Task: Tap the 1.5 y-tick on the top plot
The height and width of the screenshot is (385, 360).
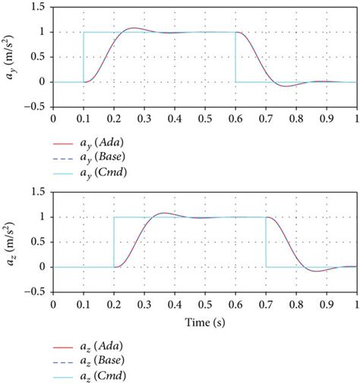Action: (x=38, y=8)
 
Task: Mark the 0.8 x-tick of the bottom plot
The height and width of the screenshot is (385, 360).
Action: (x=295, y=304)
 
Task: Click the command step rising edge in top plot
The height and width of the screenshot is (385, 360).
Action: (x=84, y=57)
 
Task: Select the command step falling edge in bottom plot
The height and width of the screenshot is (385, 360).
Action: (x=266, y=242)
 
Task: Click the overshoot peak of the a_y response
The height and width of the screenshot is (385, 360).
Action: (x=132, y=29)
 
